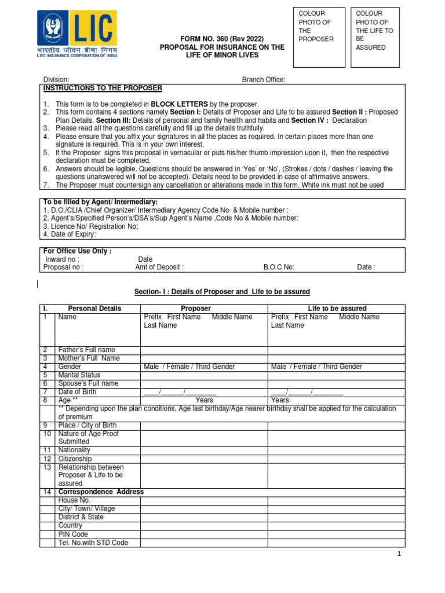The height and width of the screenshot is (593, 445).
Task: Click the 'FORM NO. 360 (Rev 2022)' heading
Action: point(222,38)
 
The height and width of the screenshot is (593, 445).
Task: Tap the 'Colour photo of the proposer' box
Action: point(320,37)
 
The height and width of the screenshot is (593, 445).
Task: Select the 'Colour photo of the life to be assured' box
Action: point(375,37)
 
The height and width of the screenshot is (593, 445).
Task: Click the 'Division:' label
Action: point(57,79)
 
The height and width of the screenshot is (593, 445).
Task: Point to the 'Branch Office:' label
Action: point(264,79)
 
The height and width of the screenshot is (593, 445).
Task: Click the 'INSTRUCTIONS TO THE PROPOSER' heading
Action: point(103,88)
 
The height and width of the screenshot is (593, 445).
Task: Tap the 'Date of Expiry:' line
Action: point(70,235)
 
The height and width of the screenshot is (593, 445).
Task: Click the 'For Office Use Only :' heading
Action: point(78,251)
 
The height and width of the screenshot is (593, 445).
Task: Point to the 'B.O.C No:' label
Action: point(279,268)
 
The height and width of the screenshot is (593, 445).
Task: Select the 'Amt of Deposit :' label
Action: point(159,268)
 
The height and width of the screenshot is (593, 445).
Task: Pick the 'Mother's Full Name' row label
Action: point(89,358)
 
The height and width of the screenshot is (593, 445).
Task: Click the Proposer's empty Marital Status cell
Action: point(203,375)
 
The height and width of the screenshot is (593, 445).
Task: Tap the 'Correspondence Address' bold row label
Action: point(101,492)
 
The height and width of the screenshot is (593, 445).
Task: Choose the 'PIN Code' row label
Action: point(74,534)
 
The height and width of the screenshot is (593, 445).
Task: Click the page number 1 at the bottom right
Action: point(399,554)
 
